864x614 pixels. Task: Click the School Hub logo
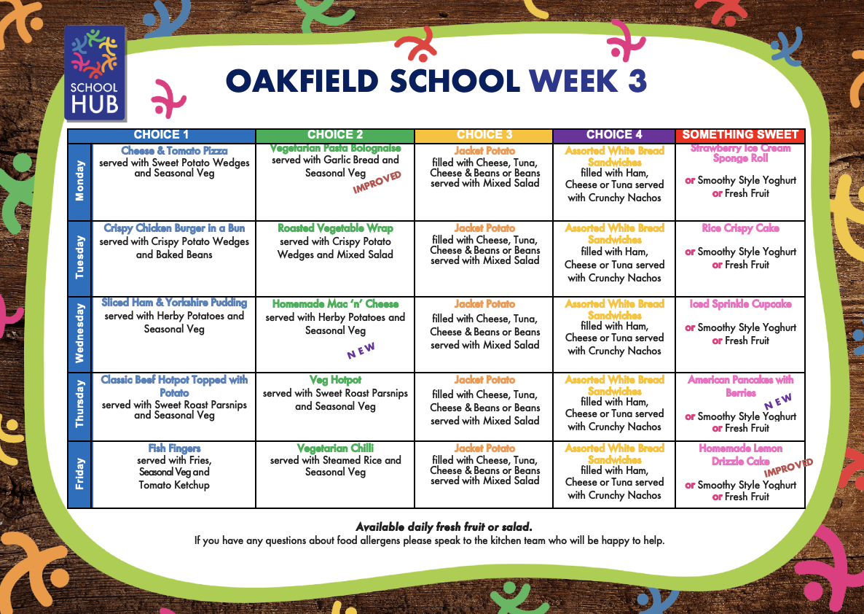(x=95, y=74)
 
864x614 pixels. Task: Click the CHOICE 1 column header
(x=162, y=135)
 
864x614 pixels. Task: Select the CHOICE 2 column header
(x=335, y=135)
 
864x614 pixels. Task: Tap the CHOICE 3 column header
(x=484, y=135)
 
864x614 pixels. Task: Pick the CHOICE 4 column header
(x=614, y=135)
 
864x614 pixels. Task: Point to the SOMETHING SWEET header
(x=740, y=135)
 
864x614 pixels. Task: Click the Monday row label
(x=80, y=182)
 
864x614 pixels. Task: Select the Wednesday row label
(x=80, y=334)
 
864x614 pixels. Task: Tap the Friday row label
(x=80, y=474)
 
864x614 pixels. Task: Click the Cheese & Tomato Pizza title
(x=174, y=151)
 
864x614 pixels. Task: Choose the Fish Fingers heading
(x=174, y=448)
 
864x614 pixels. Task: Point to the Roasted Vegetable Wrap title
(x=335, y=228)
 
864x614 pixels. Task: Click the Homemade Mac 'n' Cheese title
(x=335, y=304)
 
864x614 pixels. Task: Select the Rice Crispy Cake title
(x=741, y=228)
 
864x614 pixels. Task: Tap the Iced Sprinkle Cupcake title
(x=741, y=304)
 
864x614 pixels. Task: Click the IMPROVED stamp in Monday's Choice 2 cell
(x=377, y=182)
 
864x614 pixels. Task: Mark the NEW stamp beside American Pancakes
(x=778, y=401)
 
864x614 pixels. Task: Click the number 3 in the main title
(x=637, y=81)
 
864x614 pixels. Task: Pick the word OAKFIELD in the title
(x=302, y=81)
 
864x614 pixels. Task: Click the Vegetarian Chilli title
(x=335, y=448)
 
